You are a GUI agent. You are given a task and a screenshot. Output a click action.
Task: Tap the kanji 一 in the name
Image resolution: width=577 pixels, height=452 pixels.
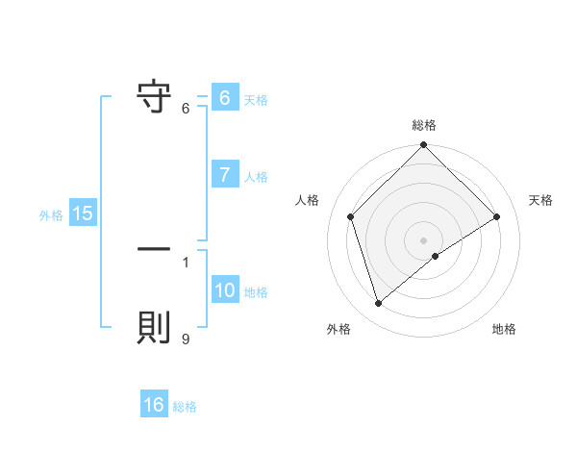154,248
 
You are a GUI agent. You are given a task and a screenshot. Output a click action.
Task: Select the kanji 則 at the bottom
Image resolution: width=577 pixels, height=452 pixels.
154,329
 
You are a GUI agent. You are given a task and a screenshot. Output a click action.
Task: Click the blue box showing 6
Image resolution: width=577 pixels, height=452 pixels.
224,98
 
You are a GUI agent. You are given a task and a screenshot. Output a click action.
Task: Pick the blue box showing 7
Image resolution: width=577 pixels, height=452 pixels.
224,175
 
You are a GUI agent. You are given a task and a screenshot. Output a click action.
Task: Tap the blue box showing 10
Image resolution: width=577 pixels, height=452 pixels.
224,290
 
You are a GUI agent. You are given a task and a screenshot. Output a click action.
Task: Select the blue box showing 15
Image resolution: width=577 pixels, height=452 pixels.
83,213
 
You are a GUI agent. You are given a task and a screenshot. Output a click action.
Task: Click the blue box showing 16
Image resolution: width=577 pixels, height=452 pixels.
154,405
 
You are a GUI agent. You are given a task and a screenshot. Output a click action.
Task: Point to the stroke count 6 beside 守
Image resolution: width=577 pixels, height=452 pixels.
185,108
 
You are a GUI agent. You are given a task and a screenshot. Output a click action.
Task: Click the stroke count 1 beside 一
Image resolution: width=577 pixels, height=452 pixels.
185,261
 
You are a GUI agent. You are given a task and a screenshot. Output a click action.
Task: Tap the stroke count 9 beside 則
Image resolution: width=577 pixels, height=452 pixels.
185,339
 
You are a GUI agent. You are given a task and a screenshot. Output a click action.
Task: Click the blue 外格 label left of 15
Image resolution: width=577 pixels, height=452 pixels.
51,214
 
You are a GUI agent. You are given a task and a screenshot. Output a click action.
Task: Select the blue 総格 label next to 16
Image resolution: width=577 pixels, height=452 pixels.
185,406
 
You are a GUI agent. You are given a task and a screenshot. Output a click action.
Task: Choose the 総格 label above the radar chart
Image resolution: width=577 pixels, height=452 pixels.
423,125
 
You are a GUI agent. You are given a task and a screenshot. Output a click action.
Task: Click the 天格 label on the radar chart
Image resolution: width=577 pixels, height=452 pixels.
541,200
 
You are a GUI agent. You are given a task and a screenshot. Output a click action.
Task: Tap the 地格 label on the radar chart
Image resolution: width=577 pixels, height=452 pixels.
504,329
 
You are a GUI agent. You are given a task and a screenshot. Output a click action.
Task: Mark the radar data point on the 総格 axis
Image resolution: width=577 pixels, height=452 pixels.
423,146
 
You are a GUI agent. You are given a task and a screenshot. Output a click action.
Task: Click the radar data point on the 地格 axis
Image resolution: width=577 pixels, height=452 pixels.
436,256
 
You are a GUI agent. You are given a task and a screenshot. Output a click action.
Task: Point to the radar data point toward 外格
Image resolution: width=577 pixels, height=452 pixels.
378,304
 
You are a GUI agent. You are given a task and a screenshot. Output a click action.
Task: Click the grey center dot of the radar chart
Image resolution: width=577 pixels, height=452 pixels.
423,239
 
